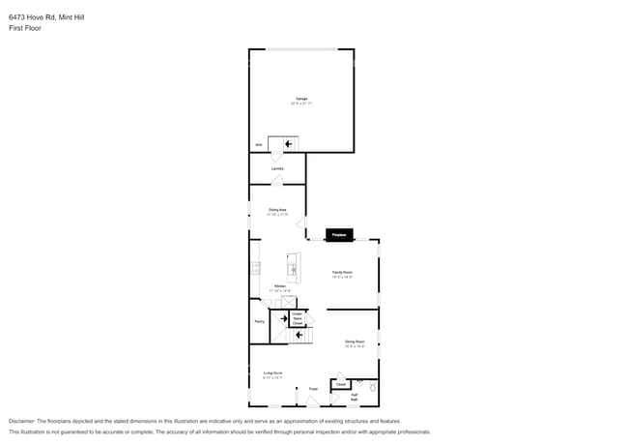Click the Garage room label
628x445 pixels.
click(301, 99)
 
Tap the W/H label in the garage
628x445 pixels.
click(258, 145)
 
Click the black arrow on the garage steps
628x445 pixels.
click(288, 144)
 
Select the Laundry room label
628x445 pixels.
click(277, 169)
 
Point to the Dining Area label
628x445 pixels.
click(277, 210)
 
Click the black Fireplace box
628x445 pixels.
click(339, 235)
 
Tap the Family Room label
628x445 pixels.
click(342, 274)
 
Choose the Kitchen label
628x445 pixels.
click(279, 286)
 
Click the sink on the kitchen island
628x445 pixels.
click(293, 270)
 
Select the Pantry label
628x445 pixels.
click(259, 321)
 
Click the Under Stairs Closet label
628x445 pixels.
click(298, 319)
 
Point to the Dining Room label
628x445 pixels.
click(355, 342)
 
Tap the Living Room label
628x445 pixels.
click(272, 373)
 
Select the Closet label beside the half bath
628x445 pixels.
click(341, 384)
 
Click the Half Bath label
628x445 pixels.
click(355, 397)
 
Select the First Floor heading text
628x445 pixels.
click(25, 28)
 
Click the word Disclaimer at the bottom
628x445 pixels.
click(21, 422)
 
